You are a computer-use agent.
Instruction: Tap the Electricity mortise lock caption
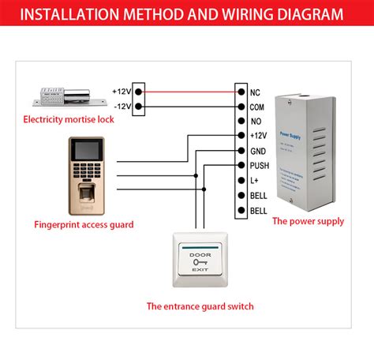coord(69,119)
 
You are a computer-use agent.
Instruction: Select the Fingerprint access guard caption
coord(84,224)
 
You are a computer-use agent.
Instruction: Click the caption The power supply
coord(308,222)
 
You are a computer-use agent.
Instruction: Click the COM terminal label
coord(257,107)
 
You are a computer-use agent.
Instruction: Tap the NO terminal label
coord(254,122)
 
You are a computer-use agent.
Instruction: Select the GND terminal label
coord(257,151)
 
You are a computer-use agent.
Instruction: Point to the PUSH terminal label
coord(259,166)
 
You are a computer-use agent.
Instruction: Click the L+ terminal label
coord(253,181)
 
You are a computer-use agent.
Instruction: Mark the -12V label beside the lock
coord(122,107)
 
